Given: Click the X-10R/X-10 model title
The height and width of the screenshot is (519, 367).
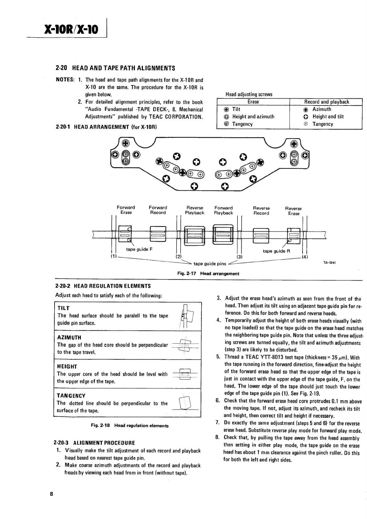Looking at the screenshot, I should click(x=71, y=29).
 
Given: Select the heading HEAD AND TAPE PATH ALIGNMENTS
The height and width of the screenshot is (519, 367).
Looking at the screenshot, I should click(x=115, y=68).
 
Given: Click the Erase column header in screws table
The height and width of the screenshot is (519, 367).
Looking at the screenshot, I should click(x=253, y=102).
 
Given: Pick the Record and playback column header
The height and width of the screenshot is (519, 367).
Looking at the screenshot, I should click(x=327, y=102).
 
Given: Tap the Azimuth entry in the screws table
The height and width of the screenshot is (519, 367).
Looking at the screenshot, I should click(x=322, y=109).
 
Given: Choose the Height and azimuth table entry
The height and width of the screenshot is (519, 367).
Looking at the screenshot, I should click(x=253, y=117).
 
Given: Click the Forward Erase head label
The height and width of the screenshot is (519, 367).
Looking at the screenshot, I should click(x=126, y=210).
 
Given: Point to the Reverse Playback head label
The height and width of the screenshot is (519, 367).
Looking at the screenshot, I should click(x=194, y=210).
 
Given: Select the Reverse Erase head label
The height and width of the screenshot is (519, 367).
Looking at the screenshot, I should click(x=293, y=211).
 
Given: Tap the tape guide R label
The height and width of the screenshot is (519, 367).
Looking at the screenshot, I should click(x=276, y=251).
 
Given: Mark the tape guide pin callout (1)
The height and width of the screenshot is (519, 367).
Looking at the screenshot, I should click(x=113, y=257).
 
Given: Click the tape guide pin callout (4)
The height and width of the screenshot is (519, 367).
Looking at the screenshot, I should click(x=305, y=257).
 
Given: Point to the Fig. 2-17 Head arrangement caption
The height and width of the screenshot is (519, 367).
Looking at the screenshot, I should click(x=208, y=274).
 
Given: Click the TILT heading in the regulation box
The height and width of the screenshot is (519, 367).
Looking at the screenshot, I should click(x=63, y=308).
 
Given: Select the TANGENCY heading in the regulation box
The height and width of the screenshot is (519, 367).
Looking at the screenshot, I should click(x=71, y=396).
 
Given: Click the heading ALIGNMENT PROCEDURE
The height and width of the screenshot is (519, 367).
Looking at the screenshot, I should click(x=94, y=443).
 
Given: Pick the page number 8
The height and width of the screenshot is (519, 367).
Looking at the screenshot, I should click(x=51, y=494).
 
